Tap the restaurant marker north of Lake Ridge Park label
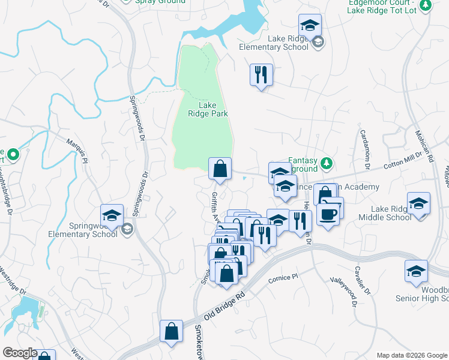261,75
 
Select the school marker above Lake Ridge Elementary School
310,26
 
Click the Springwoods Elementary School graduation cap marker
112,216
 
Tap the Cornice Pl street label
283,278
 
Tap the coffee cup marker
329,215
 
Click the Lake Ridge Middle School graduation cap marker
418,204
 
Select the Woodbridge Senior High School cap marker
416,271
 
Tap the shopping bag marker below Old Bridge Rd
172,331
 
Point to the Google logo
20,353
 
